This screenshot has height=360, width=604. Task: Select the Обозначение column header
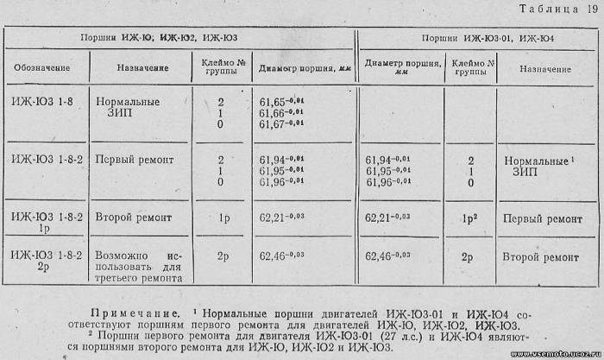click(41, 67)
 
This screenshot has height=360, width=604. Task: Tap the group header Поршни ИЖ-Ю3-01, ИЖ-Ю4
click(488, 39)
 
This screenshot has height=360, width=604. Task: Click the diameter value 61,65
click(280, 101)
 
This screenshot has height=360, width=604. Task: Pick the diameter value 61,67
click(280, 125)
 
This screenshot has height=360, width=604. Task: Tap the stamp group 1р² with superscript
click(470, 218)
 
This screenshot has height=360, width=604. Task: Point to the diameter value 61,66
click(280, 113)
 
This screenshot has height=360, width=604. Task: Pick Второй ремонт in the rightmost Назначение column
click(541, 257)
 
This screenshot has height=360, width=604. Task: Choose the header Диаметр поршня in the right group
click(402, 67)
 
